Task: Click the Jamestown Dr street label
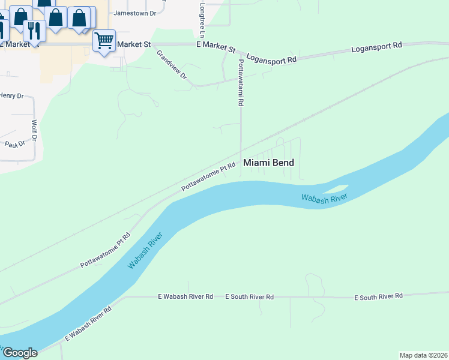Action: pos(134,13)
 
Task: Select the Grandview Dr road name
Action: pos(172,65)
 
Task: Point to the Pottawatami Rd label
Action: pos(241,83)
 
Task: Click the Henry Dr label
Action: pos(11,95)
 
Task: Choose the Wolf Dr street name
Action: pos(34,131)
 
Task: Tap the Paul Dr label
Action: pos(15,144)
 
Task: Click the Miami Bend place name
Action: pos(268,163)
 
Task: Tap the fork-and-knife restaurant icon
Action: pos(34,30)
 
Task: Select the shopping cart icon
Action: pos(104,41)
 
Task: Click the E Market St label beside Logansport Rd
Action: pos(216,46)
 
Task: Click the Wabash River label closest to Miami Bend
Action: pos(324,199)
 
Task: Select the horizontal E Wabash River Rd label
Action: pos(185,296)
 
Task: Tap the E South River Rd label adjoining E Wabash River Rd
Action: pos(249,296)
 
